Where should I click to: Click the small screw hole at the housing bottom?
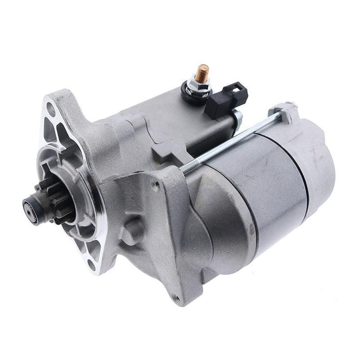pyautogui.click(x=176, y=298)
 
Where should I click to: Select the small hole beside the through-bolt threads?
pyautogui.click(x=157, y=184)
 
